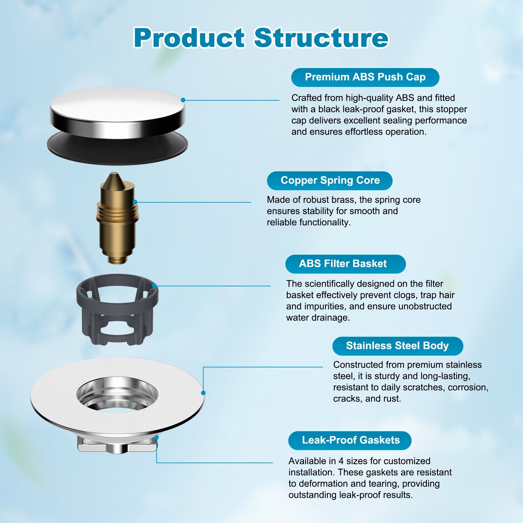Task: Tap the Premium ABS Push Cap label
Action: [365, 77]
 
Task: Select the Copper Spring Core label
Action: [330, 180]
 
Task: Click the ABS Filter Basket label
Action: [345, 264]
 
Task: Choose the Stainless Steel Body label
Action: [397, 346]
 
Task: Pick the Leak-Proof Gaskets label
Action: [350, 440]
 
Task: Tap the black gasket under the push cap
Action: [118, 149]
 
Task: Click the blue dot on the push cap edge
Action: [183, 100]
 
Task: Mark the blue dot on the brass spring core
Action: [135, 202]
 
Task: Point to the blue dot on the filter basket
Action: [154, 286]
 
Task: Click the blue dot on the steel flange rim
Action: [203, 393]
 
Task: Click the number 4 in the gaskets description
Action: [341, 461]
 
